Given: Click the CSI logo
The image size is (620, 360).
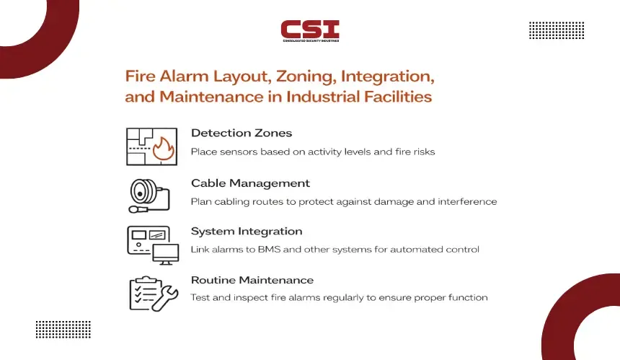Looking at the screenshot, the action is coord(310,31).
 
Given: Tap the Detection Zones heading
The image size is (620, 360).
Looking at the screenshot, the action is coord(242,133).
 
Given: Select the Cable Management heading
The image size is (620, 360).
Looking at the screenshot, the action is coord(250,183).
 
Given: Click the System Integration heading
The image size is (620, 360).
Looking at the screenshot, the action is coord(247,232).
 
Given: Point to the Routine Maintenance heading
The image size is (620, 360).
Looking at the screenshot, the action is coord(252,280).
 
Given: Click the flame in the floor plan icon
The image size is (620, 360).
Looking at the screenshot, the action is coord(164,149).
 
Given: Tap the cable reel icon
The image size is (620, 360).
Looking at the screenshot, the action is coord(149,196).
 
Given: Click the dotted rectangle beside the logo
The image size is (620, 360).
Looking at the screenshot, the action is coord(557,30).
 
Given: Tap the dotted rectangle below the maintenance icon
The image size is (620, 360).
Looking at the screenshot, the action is coord(63,330).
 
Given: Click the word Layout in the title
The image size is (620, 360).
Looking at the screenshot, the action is coord(242,76).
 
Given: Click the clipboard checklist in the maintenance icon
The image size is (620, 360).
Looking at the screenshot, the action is coord(143,293).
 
